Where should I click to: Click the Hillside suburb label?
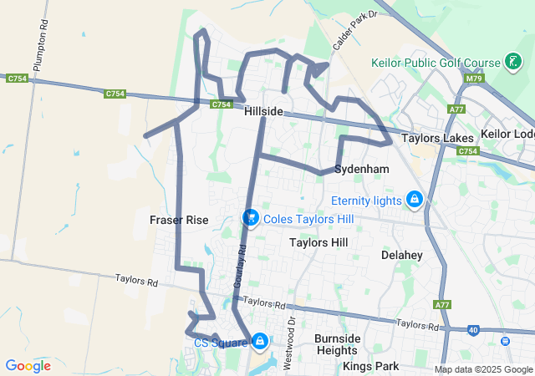(x=263, y=112)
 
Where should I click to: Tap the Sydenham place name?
(x=361, y=169)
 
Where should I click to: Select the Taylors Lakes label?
(x=437, y=139)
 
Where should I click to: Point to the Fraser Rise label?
(x=179, y=220)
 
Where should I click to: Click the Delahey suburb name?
(x=401, y=254)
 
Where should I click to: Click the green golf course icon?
(x=513, y=63)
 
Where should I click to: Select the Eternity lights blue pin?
(x=413, y=200)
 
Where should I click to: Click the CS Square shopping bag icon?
(x=260, y=341)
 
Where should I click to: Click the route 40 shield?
(x=473, y=330)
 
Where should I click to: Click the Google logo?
(x=28, y=366)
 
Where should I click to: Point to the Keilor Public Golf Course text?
(x=436, y=63)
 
